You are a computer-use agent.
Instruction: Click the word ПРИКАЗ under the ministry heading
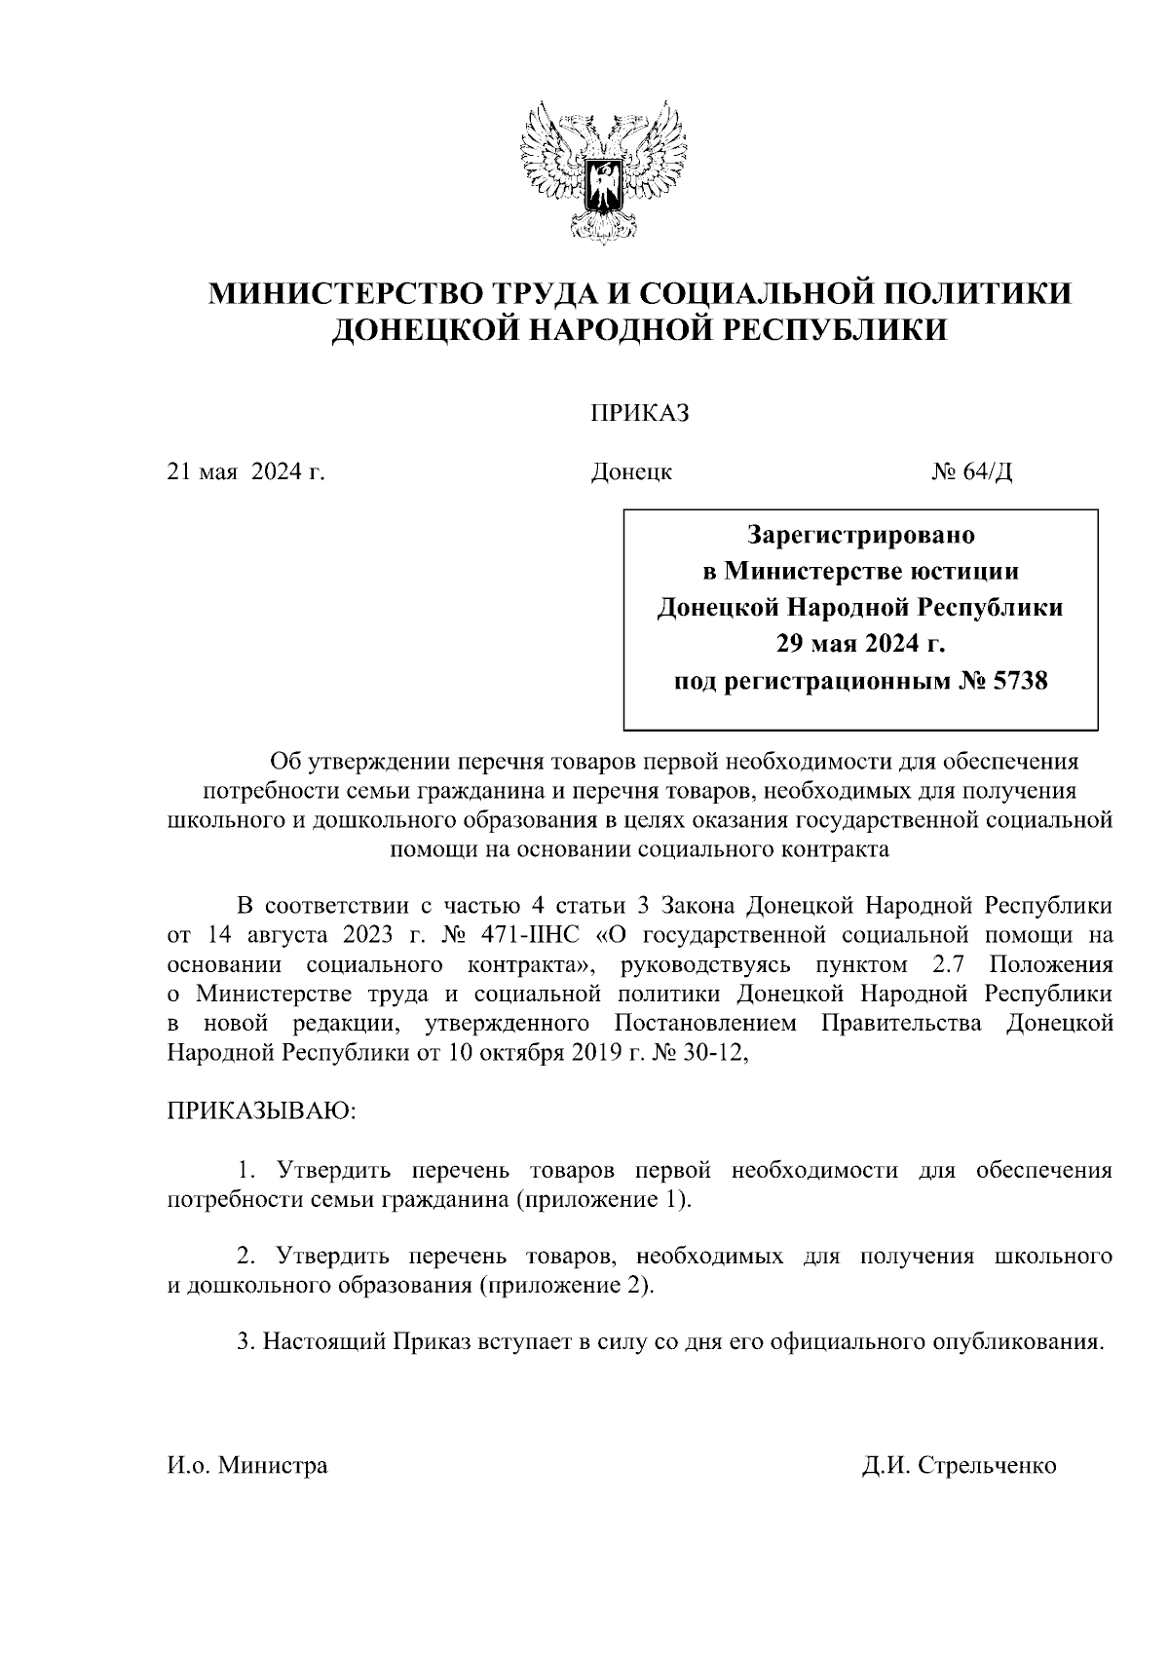(x=639, y=414)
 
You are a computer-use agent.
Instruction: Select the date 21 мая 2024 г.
(x=245, y=473)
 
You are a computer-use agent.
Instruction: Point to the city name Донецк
(x=631, y=473)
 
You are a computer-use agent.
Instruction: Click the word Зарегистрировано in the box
(x=860, y=535)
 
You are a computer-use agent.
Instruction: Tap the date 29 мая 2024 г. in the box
(x=860, y=644)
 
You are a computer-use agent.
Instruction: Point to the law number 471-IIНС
(x=530, y=936)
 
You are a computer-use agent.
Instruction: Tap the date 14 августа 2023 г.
(x=317, y=936)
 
